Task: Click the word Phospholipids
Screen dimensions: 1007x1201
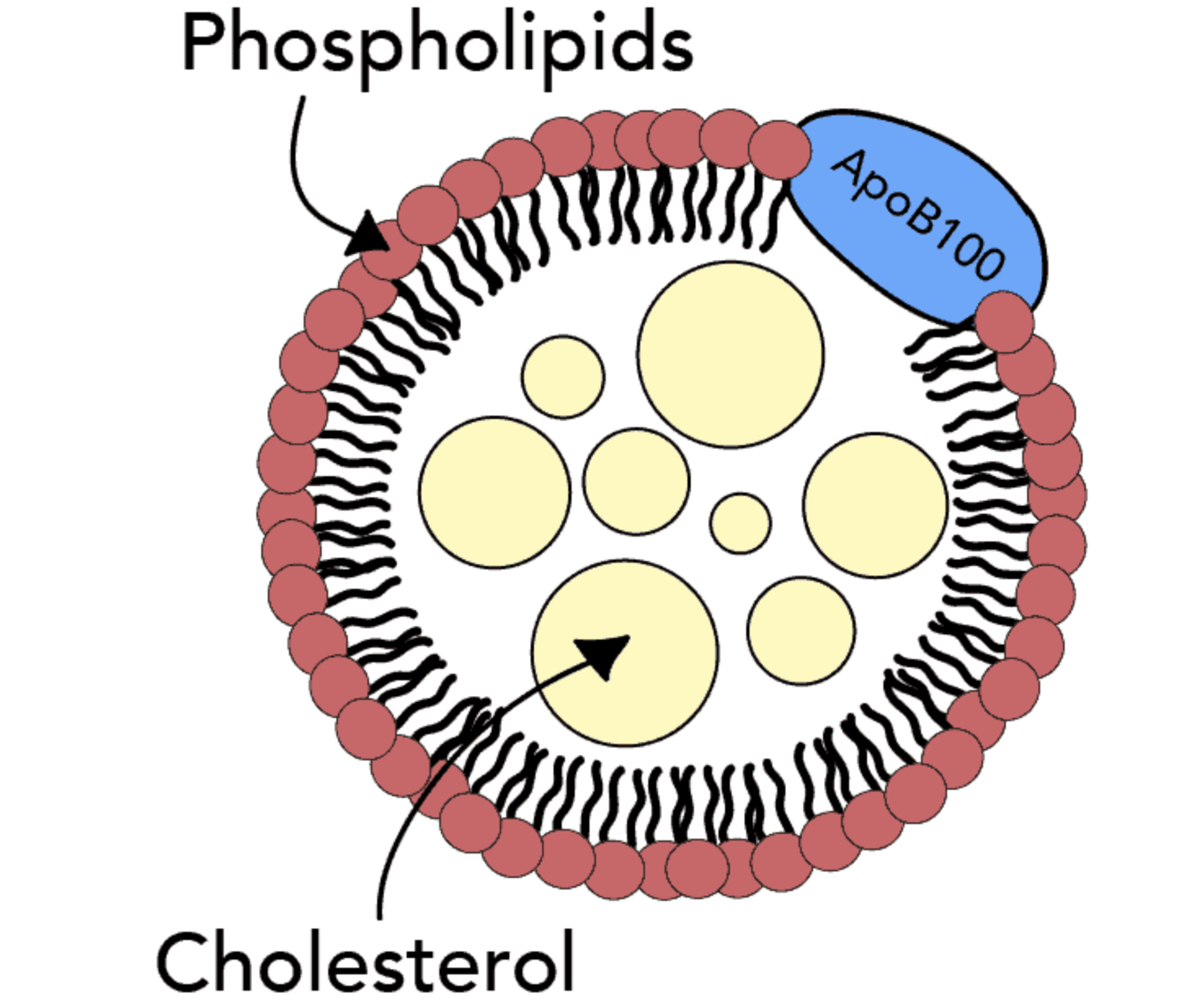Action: tap(437, 45)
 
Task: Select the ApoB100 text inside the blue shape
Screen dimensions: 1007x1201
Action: tap(918, 214)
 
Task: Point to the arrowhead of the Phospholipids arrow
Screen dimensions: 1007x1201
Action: tap(369, 234)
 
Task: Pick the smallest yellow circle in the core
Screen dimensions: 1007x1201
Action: tap(740, 523)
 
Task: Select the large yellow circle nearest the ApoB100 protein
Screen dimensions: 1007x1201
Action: tap(731, 354)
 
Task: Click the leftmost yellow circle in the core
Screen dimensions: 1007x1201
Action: tap(495, 492)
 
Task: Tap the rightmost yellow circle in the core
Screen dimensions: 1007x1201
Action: tap(875, 505)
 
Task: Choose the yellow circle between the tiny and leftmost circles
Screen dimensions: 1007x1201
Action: tap(636, 481)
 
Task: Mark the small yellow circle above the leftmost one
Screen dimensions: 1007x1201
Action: tap(563, 377)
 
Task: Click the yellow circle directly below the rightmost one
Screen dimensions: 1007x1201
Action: tap(801, 630)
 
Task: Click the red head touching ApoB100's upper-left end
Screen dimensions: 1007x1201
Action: tap(780, 149)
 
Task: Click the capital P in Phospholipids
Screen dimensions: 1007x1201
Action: tap(202, 42)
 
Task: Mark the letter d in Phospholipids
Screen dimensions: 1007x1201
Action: tap(634, 42)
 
